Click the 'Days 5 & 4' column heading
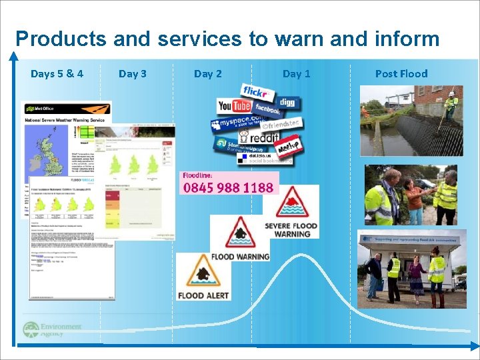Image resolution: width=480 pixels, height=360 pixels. (x=57, y=73)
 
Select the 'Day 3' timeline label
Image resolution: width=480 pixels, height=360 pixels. (x=133, y=73)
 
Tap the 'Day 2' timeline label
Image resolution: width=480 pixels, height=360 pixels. (x=208, y=73)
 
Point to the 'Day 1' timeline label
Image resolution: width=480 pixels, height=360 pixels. (x=297, y=73)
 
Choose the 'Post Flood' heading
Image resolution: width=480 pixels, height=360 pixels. (x=401, y=73)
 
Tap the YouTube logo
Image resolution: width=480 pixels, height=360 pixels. (x=234, y=106)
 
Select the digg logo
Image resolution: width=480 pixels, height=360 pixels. (x=287, y=103)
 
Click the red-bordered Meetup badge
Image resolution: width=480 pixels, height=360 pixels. (x=288, y=147)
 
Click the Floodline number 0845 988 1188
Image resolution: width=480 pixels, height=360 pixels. (x=228, y=187)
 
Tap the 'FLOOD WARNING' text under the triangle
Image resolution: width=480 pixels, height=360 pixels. (x=240, y=256)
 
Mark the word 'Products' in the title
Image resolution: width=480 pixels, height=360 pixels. (x=60, y=39)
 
